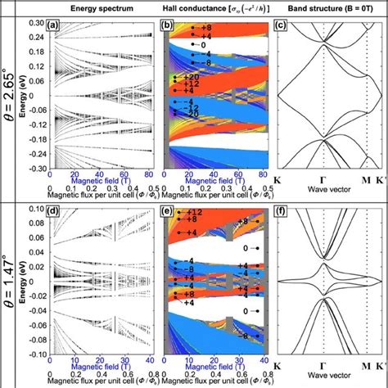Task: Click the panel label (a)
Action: pyautogui.click(x=56, y=25)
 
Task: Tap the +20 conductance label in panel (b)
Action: pyautogui.click(x=180, y=76)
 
